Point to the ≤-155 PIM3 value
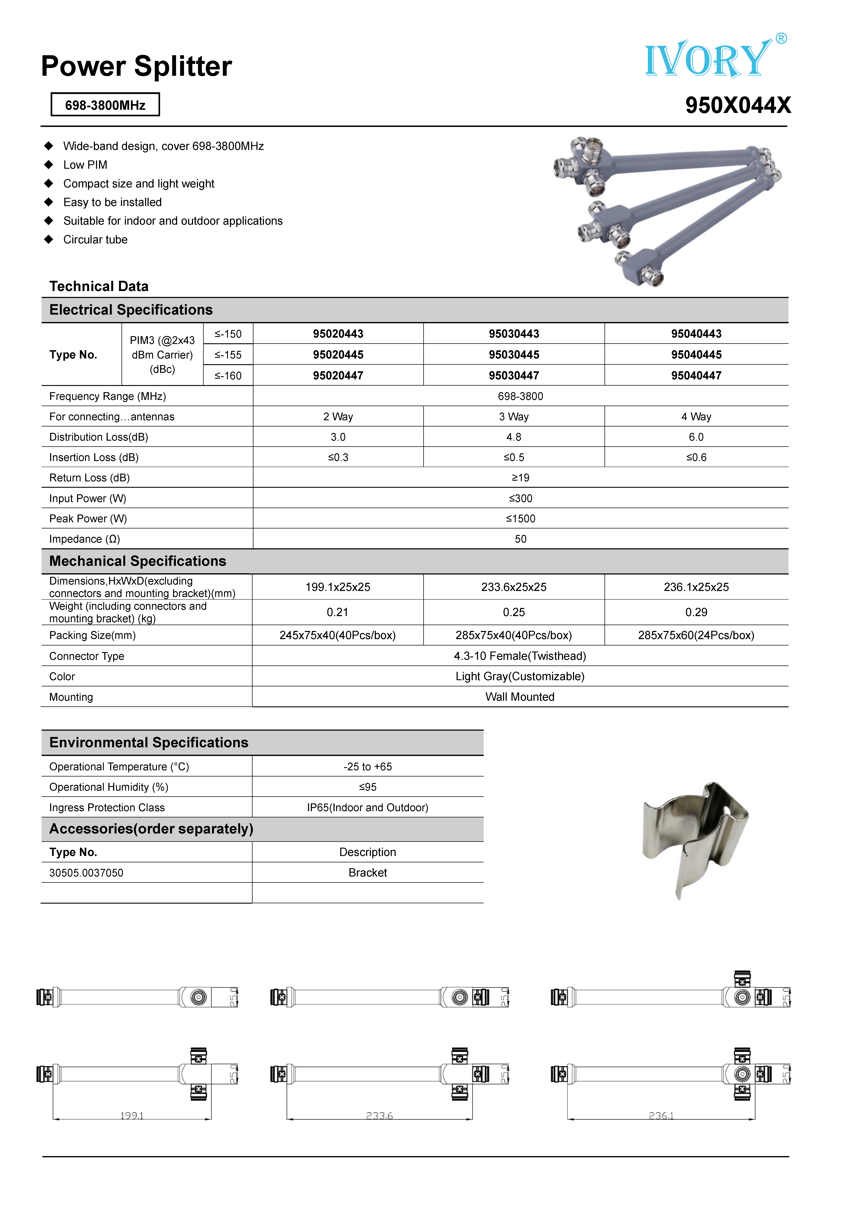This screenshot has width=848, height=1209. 228,355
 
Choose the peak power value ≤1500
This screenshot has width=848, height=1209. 520,519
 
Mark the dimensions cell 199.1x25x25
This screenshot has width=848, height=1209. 338,587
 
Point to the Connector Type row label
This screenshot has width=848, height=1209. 87,656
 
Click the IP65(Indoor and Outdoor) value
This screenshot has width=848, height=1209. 368,807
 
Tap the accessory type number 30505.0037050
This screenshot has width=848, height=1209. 86,872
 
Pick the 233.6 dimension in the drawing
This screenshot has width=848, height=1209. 379,1115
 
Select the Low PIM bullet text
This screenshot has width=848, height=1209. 85,165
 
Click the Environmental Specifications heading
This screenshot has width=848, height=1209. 149,743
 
